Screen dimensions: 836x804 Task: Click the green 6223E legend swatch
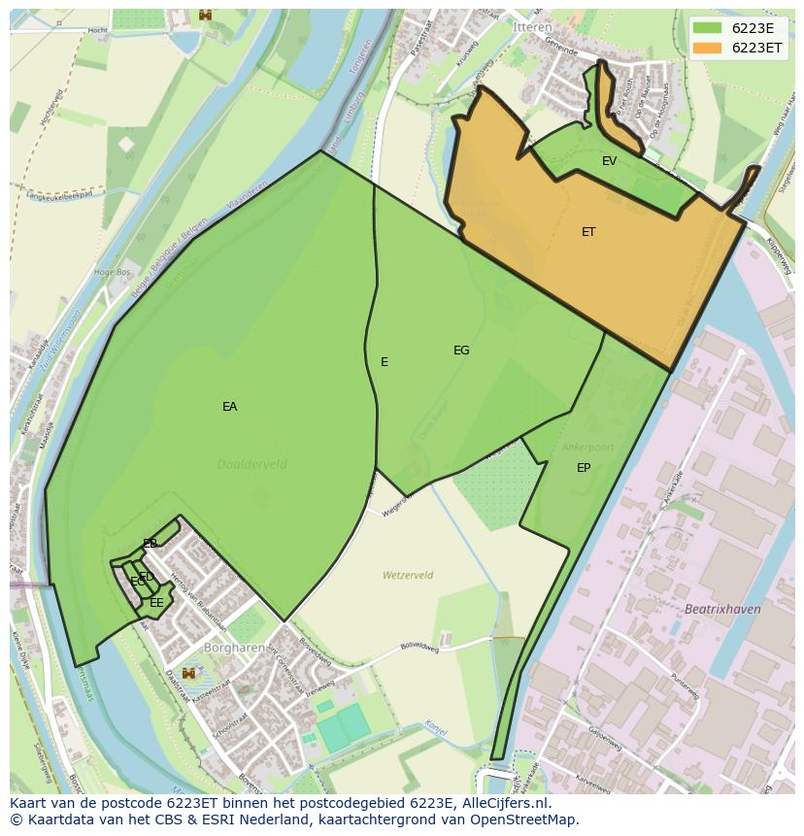(708, 28)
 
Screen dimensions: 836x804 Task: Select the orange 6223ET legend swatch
(708, 48)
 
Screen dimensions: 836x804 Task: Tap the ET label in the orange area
(588, 232)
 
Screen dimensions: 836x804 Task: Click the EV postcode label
(609, 161)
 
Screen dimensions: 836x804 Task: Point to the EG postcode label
(461, 351)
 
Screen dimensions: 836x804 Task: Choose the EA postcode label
(229, 407)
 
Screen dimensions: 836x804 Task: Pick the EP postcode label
(584, 468)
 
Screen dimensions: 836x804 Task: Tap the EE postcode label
(156, 603)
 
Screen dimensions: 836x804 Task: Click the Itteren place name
(532, 28)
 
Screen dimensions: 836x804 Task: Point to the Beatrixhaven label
(722, 609)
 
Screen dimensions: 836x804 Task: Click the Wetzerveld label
(408, 575)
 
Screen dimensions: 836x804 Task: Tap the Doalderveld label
(252, 464)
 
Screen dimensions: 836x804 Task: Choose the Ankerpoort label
(587, 448)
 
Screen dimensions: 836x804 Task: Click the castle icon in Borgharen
(189, 673)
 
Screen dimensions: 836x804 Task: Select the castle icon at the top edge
(205, 14)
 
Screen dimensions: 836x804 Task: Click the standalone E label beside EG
(385, 362)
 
